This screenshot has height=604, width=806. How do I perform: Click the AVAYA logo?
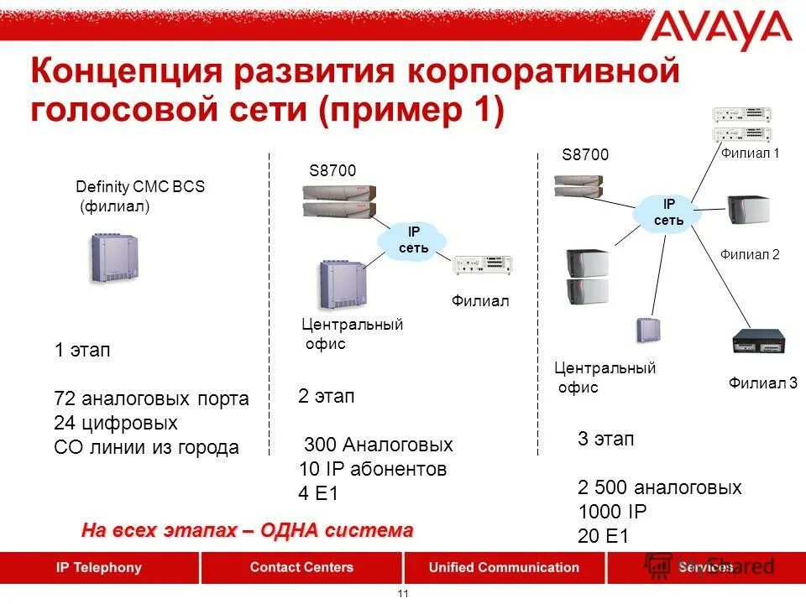tap(721, 33)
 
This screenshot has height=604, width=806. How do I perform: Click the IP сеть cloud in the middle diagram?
tap(407, 240)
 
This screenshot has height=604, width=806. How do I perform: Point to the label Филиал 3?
tap(763, 383)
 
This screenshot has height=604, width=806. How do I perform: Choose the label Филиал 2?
tap(750, 254)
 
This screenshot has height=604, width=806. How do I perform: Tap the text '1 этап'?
tap(82, 351)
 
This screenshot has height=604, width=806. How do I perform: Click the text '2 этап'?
tap(326, 396)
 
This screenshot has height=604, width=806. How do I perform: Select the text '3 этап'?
tap(605, 439)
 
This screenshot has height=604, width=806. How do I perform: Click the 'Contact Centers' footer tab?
tap(301, 567)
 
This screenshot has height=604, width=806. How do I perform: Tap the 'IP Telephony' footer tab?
tap(99, 567)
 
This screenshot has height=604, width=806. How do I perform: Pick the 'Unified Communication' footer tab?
tap(504, 567)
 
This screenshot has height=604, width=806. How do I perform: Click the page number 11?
tap(402, 594)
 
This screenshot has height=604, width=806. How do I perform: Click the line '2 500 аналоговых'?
tap(660, 487)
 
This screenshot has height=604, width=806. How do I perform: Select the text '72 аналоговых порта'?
tap(151, 398)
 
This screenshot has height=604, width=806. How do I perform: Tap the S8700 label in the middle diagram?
tap(332, 170)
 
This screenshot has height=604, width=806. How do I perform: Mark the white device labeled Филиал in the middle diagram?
tap(482, 265)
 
